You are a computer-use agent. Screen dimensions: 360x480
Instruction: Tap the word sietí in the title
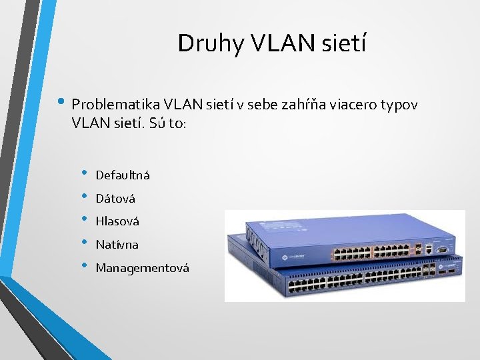(343, 43)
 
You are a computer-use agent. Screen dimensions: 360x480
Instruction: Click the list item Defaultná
(123, 175)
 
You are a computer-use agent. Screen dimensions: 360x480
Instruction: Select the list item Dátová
(115, 199)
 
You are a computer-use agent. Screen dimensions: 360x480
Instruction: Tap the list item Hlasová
(117, 221)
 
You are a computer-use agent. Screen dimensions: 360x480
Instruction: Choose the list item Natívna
(117, 245)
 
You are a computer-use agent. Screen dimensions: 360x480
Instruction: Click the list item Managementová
(143, 268)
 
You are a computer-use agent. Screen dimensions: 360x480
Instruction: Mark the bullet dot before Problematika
(61, 103)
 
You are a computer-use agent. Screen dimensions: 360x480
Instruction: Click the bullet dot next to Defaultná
(85, 174)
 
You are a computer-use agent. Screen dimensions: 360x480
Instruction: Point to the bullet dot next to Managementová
(85, 267)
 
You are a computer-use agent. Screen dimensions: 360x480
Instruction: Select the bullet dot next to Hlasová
(85, 220)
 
